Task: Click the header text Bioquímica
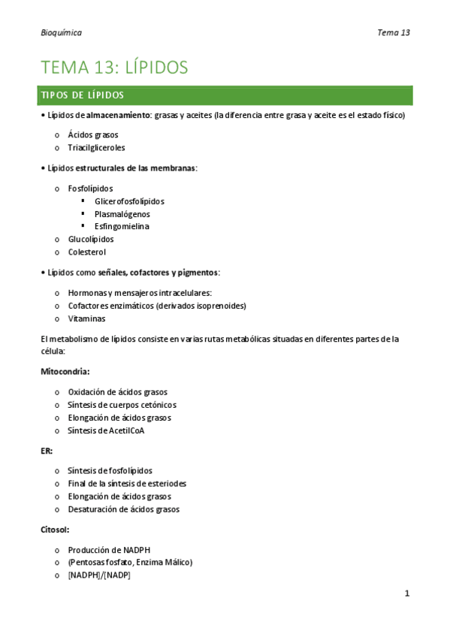point(61,32)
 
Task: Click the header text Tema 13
point(394,32)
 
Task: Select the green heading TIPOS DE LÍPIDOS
point(81,95)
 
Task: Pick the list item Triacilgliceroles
point(96,147)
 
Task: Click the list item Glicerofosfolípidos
point(129,201)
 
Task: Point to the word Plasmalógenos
point(122,213)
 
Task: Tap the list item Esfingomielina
point(122,226)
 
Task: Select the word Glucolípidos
point(91,239)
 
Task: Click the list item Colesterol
point(86,252)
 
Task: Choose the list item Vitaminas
point(86,318)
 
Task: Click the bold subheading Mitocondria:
point(65,371)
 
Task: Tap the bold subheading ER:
point(47,451)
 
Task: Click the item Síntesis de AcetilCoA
point(106,430)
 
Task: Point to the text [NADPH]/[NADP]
point(98,575)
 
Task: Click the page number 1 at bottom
point(406,593)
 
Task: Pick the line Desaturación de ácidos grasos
point(123,509)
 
